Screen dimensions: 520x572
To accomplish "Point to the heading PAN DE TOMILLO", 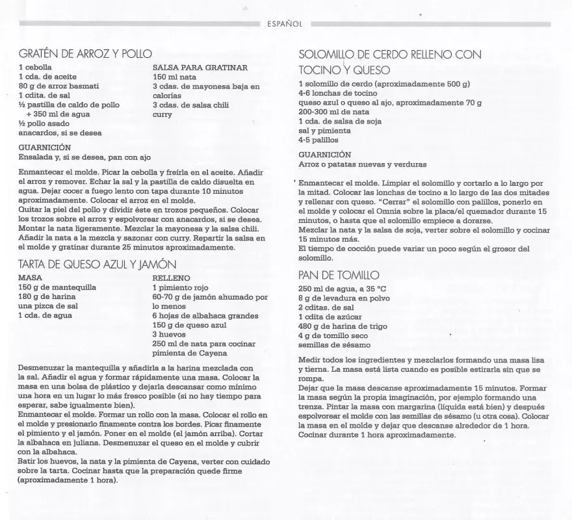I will (x=338, y=276).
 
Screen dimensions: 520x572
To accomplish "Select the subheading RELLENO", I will (x=171, y=278).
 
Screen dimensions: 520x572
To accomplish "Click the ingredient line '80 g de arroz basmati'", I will (x=58, y=86).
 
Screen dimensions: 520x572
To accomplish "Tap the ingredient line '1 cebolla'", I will (x=36, y=67).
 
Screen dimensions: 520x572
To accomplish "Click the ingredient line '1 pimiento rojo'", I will (x=181, y=287).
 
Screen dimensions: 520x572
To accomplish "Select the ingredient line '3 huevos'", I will (x=169, y=334).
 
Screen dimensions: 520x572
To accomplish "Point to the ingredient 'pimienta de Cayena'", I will (x=190, y=353).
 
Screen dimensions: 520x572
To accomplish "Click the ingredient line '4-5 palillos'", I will (x=318, y=140).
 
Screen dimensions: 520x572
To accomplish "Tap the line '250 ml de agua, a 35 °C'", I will (x=342, y=289).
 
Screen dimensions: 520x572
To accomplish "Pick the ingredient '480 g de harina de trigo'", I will (x=343, y=326).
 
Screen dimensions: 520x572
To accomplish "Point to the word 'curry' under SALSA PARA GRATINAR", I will (x=162, y=114).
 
